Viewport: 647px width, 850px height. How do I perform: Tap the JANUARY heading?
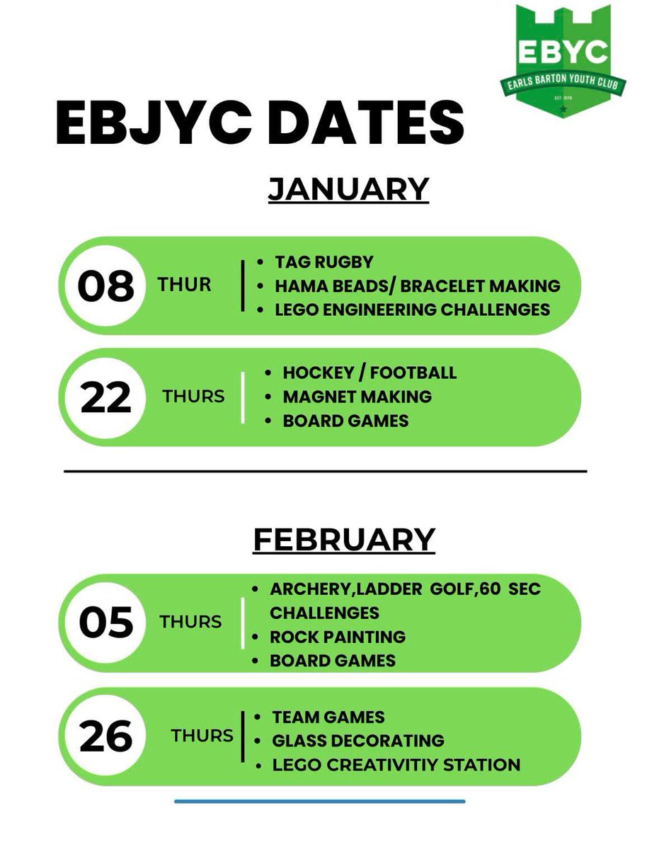coord(348,189)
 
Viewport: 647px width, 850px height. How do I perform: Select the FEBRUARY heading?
coord(344,540)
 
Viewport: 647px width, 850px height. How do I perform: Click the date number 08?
coord(105,286)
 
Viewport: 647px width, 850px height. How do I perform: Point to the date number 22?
coord(105,397)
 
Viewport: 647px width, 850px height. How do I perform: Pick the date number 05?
coord(105,623)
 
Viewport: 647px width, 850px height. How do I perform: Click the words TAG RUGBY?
coord(323,262)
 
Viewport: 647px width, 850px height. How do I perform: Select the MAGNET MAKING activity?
coord(357,397)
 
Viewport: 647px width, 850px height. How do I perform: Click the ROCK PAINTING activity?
coord(338,636)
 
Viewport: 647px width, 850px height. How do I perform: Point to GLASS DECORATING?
coord(358,741)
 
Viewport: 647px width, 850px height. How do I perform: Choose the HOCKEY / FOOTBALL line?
coord(370,373)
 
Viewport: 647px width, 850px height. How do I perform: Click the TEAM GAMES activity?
coord(328,717)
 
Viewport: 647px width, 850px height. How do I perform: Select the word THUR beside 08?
coord(185,285)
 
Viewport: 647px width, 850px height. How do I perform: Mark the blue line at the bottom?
coord(320,801)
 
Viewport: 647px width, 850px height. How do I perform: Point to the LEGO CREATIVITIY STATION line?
coord(396,765)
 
